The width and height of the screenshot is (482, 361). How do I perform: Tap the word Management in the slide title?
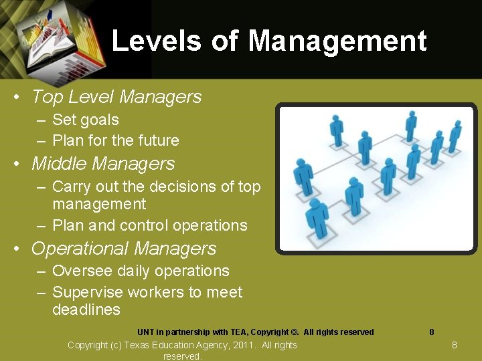pyautogui.click(x=337, y=41)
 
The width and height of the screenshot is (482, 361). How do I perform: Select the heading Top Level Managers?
pyautogui.click(x=116, y=97)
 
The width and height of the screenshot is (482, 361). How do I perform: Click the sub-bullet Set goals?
pyautogui.click(x=85, y=120)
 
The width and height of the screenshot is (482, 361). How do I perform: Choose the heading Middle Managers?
pyautogui.click(x=102, y=164)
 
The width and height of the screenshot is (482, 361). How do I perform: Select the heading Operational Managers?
pyautogui.click(x=123, y=249)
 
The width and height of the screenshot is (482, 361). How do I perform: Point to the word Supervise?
pyautogui.click(x=84, y=292)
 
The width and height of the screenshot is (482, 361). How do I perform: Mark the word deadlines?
pyautogui.click(x=86, y=310)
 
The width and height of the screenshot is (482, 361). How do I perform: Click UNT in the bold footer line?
pyautogui.click(x=146, y=332)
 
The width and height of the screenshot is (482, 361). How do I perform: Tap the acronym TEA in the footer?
pyautogui.click(x=237, y=332)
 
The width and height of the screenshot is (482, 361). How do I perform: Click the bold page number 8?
pyautogui.click(x=431, y=332)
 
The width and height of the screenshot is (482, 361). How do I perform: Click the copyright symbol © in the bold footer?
pyautogui.click(x=295, y=332)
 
